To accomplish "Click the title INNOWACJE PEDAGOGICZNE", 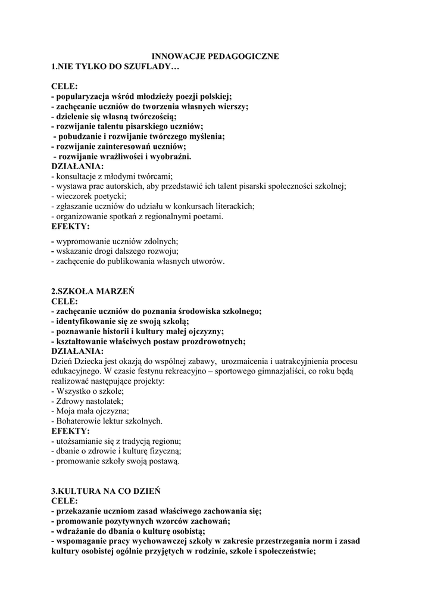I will click(215, 56).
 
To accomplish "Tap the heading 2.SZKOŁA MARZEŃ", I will click(93, 291).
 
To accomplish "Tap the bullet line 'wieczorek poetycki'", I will click(89, 196).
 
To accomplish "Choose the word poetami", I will click(208, 216).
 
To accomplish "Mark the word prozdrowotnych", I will click(210, 341).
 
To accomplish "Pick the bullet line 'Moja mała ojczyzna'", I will click(90, 411).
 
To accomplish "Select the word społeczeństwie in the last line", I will click(285, 551).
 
